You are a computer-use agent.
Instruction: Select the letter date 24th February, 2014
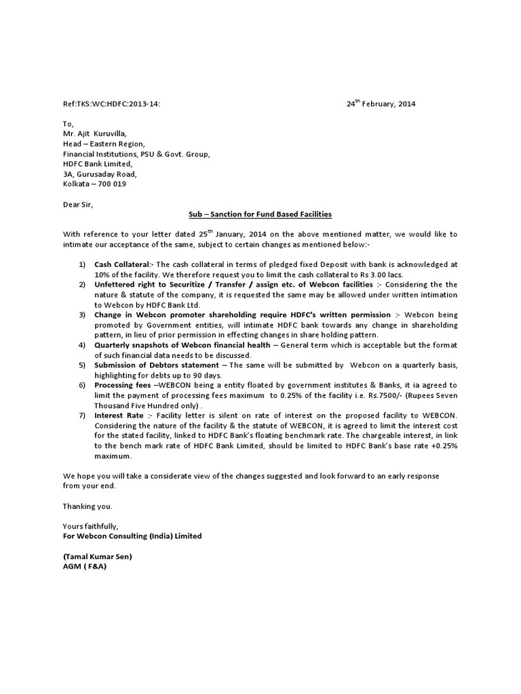tap(381, 104)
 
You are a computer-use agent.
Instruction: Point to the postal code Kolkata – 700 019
tap(94, 184)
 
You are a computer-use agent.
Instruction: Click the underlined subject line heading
tap(260, 214)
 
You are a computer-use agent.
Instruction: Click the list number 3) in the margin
tap(81, 315)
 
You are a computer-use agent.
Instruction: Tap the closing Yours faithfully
tap(90, 526)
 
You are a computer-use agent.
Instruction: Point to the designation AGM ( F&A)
tap(85, 567)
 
